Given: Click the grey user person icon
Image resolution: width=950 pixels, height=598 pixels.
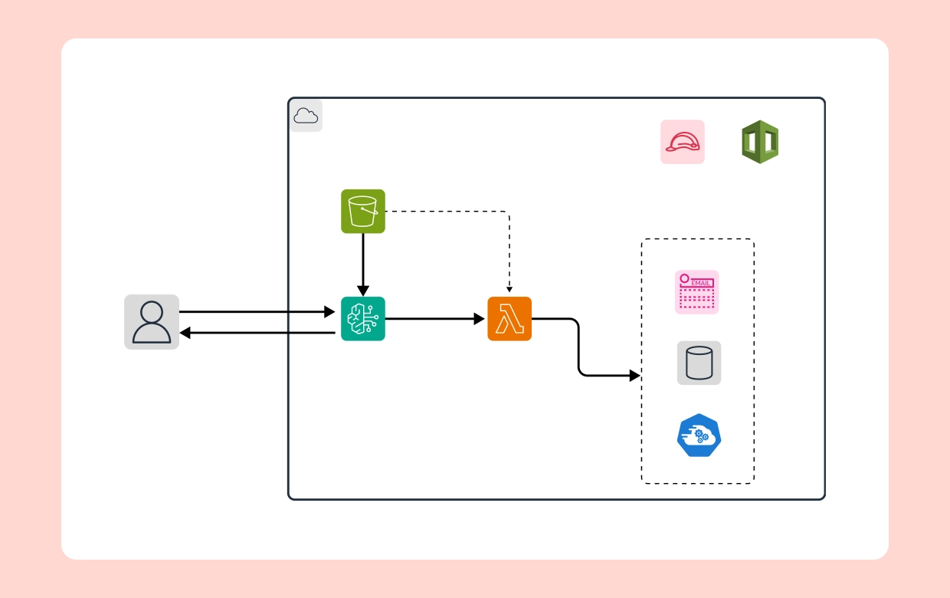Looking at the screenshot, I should point(152,322).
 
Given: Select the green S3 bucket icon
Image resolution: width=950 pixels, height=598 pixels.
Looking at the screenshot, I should point(363,212).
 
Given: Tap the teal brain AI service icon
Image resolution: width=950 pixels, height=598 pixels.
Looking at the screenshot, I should point(363,319).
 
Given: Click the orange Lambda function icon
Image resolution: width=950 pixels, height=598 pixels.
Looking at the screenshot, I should point(509,319).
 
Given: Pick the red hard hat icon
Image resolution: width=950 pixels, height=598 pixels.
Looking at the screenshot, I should point(683,142).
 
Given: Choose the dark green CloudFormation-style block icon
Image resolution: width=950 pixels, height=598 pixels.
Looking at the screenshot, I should point(760,142).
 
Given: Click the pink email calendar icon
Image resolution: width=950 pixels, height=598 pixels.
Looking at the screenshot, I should point(697,292).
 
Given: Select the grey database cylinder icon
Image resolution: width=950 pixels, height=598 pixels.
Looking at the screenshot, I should point(699,363).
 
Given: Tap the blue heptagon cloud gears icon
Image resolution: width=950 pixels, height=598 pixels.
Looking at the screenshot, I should point(699,435).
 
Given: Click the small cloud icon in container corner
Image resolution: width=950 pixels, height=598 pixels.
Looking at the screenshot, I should point(306,116).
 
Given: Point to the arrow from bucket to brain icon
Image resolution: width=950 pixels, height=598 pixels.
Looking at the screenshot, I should point(363,264).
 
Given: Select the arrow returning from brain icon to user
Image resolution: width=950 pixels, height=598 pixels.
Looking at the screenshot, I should point(260,333).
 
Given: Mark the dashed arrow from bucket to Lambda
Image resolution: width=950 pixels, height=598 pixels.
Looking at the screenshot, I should point(460,212).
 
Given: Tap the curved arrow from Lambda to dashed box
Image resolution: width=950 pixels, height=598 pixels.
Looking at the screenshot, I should point(578,349).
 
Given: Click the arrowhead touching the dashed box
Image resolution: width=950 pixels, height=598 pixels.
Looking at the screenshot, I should point(634,376).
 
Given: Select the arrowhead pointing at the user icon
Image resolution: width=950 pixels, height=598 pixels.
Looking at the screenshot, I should point(185,333).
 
